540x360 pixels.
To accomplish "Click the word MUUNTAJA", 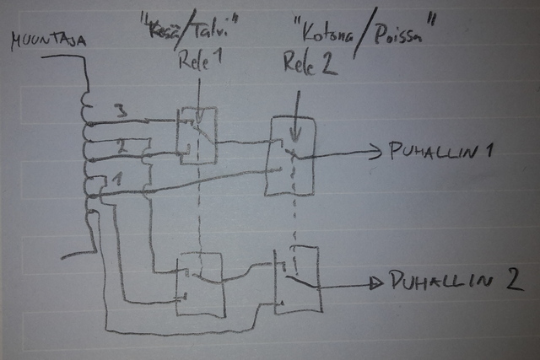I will tap(40, 40).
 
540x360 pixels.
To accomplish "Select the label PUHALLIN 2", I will tap(451, 281).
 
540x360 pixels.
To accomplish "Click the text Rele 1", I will tap(197, 63).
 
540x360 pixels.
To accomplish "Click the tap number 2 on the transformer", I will tap(121, 146).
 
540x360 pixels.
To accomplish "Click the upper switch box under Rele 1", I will tap(197, 135).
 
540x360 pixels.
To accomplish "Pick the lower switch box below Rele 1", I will tap(198, 284).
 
